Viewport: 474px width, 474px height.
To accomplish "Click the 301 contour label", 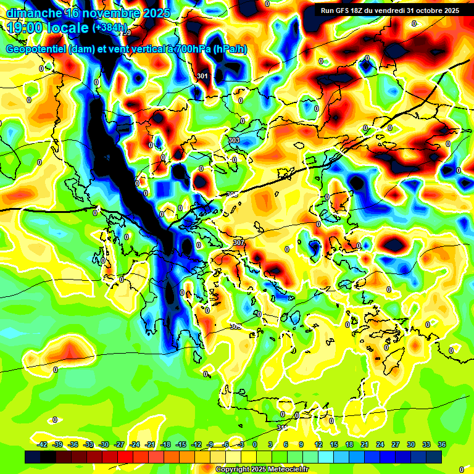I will tap(202, 76).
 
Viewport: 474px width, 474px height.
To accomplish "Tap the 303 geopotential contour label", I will tap(234, 141).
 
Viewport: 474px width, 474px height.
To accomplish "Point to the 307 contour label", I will tap(239, 243).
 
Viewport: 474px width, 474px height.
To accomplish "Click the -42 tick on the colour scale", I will tap(43, 444).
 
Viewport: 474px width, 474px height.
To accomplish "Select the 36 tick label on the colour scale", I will tap(442, 444).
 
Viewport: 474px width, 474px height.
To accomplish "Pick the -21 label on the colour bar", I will tap(150, 444).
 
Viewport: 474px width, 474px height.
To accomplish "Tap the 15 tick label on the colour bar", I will tap(334, 444).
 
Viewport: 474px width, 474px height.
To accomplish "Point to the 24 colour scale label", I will tap(380, 444).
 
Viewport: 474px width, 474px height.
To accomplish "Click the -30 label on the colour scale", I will tap(104, 444).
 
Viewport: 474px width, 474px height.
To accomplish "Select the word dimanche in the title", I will tap(33, 13).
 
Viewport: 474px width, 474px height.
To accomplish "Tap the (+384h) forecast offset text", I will tap(110, 28).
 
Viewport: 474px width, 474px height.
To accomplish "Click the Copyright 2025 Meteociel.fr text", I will tap(262, 469).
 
